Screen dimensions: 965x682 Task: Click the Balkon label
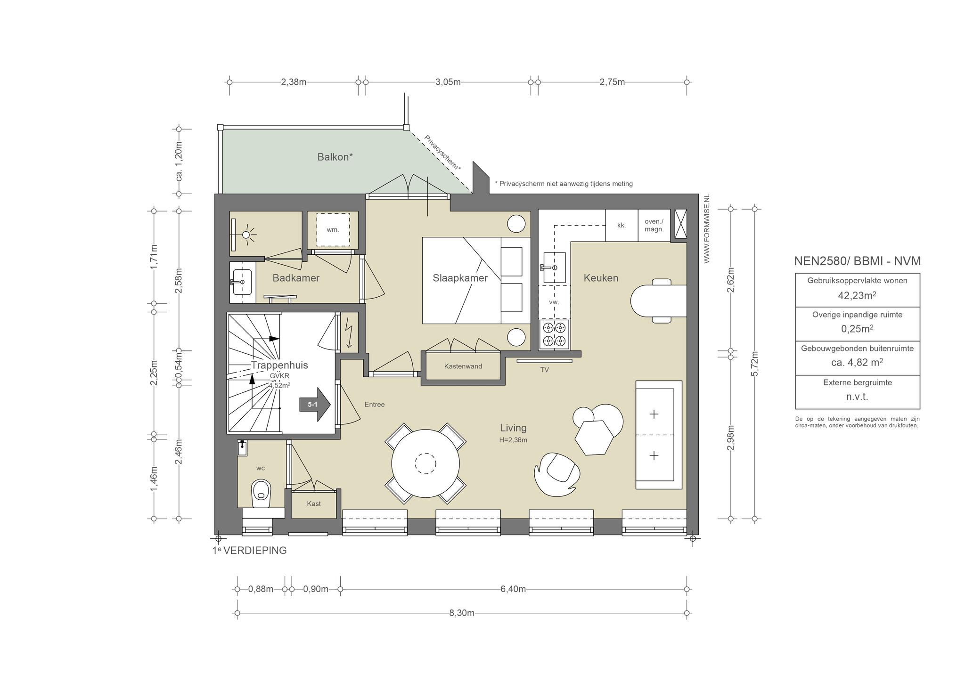click(335, 157)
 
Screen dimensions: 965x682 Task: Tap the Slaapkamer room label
click(460, 278)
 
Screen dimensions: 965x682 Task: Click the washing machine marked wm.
click(333, 230)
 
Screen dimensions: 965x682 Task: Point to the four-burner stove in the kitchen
click(554, 334)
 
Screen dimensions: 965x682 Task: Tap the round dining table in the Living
click(425, 463)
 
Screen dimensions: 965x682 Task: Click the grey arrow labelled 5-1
click(315, 404)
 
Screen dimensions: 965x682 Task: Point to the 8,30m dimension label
click(462, 613)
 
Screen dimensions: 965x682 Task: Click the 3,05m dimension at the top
click(448, 82)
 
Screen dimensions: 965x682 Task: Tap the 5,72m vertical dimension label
click(754, 364)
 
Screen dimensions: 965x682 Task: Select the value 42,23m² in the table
click(857, 295)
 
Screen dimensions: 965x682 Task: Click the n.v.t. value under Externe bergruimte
click(857, 397)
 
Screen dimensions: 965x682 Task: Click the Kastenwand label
click(463, 366)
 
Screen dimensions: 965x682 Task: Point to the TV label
click(544, 370)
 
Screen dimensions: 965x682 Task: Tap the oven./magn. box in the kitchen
click(654, 226)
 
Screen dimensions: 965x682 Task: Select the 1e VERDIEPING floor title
click(249, 551)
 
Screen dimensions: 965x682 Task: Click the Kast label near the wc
click(314, 503)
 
